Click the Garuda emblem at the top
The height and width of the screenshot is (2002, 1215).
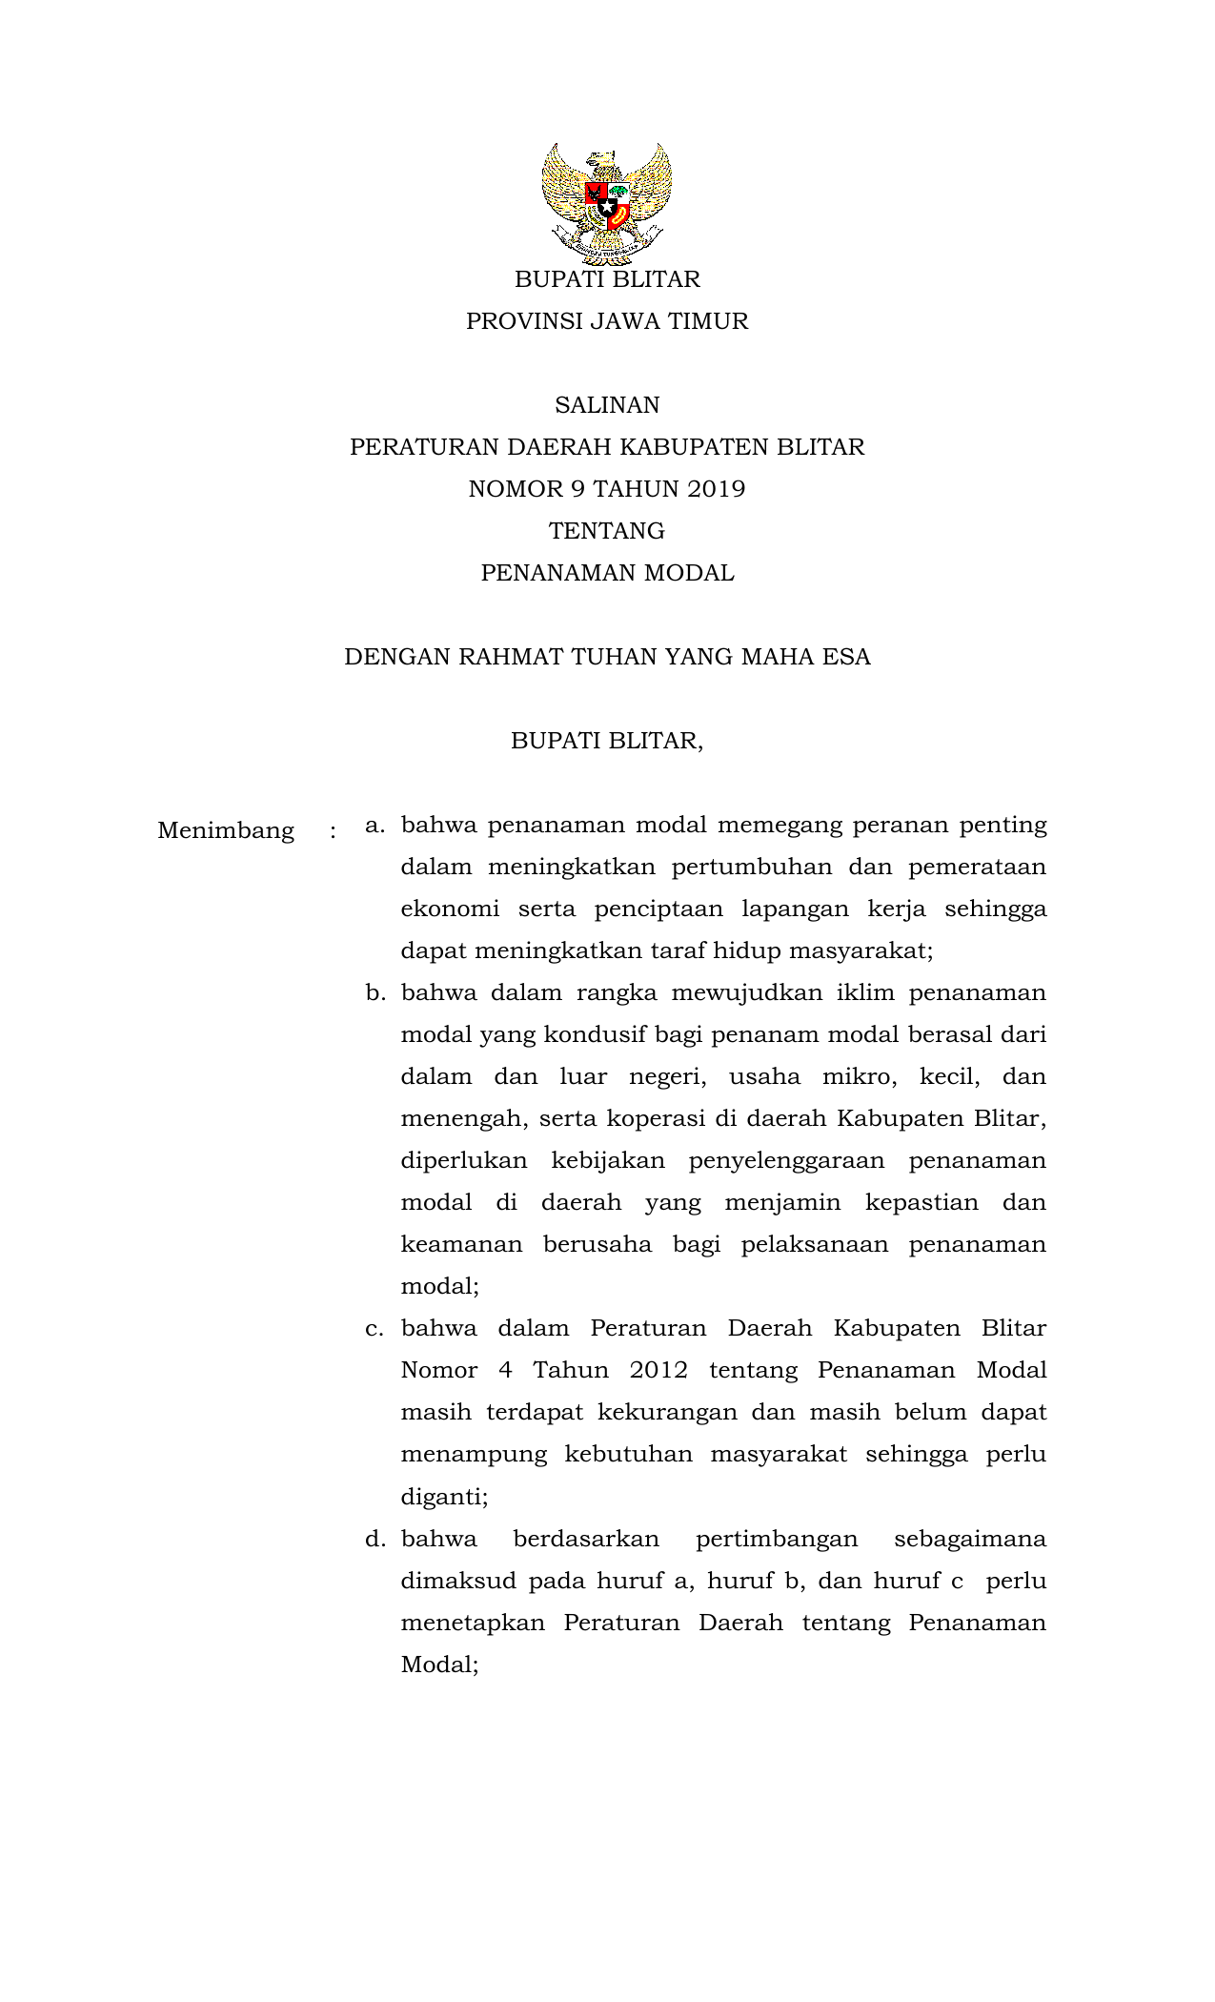pyautogui.click(x=607, y=203)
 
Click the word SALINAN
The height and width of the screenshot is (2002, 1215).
pyautogui.click(x=607, y=405)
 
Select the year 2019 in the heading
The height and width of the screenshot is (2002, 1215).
pyautogui.click(x=716, y=489)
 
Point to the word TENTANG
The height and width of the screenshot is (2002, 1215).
pyautogui.click(x=607, y=531)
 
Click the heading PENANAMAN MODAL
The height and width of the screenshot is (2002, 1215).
pyautogui.click(x=607, y=573)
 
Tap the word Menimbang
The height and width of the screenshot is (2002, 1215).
pyautogui.click(x=226, y=831)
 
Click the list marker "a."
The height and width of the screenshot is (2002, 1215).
pyautogui.click(x=375, y=825)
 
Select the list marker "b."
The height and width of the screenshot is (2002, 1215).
pyautogui.click(x=375, y=993)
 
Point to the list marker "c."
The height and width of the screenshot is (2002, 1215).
pyautogui.click(x=375, y=1329)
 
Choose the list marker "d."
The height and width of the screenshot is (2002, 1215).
pyautogui.click(x=375, y=1539)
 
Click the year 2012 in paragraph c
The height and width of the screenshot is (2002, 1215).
pyautogui.click(x=658, y=1371)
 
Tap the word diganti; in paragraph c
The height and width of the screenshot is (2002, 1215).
pyautogui.click(x=444, y=1498)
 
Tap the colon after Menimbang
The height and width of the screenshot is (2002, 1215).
pyautogui.click(x=333, y=831)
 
